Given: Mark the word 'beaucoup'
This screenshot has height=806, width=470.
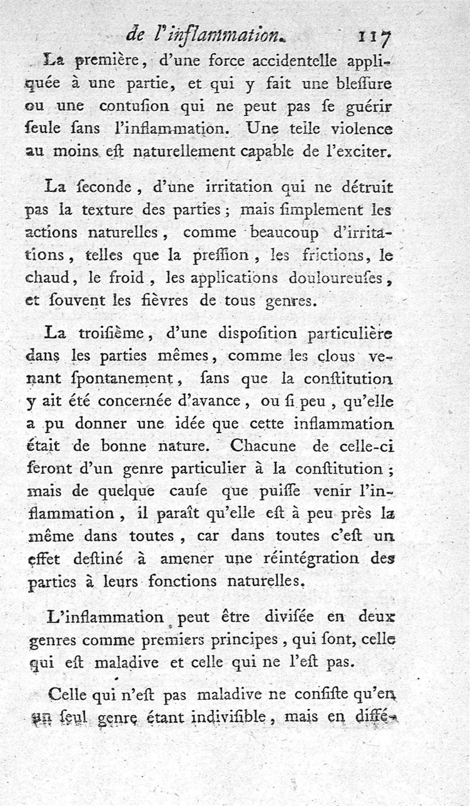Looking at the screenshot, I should point(284,232).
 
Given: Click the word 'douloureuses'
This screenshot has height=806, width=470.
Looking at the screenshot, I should point(338,278).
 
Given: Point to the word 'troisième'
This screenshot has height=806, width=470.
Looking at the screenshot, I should point(116,333).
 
